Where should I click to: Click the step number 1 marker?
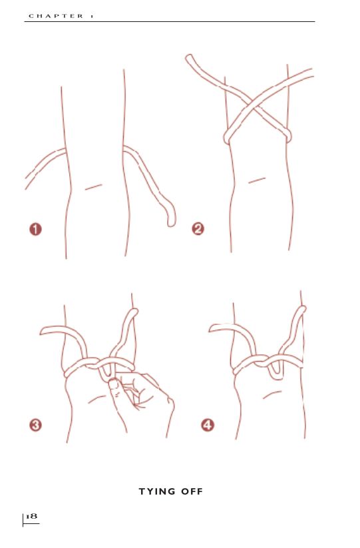[x=35, y=229]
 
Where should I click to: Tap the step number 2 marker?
[x=198, y=229]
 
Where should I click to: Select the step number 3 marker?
[x=35, y=425]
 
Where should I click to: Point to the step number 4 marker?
[x=208, y=425]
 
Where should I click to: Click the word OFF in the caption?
[x=192, y=491]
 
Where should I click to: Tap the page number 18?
[x=31, y=516]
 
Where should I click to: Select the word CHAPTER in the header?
[x=56, y=16]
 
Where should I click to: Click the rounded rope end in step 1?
[x=171, y=221]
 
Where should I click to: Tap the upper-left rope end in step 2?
[x=190, y=58]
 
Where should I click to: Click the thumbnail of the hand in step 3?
[x=114, y=384]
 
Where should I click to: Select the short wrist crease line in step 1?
[x=94, y=187]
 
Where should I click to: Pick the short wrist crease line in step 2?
[x=257, y=180]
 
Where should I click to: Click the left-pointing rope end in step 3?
[x=43, y=331]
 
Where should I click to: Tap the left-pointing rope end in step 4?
[x=212, y=328]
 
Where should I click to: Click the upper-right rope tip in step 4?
[x=302, y=309]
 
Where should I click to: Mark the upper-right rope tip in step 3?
[x=134, y=312]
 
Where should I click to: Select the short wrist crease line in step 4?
[x=272, y=395]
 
